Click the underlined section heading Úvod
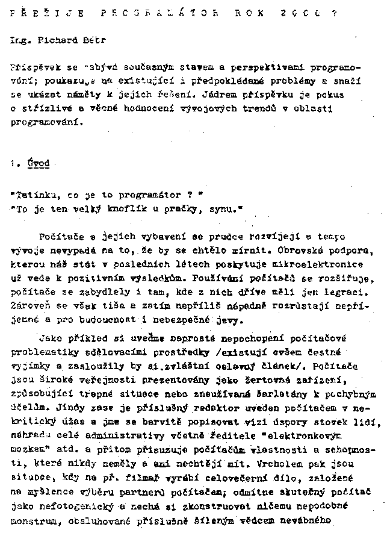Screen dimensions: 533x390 pyautogui.click(x=39, y=163)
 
